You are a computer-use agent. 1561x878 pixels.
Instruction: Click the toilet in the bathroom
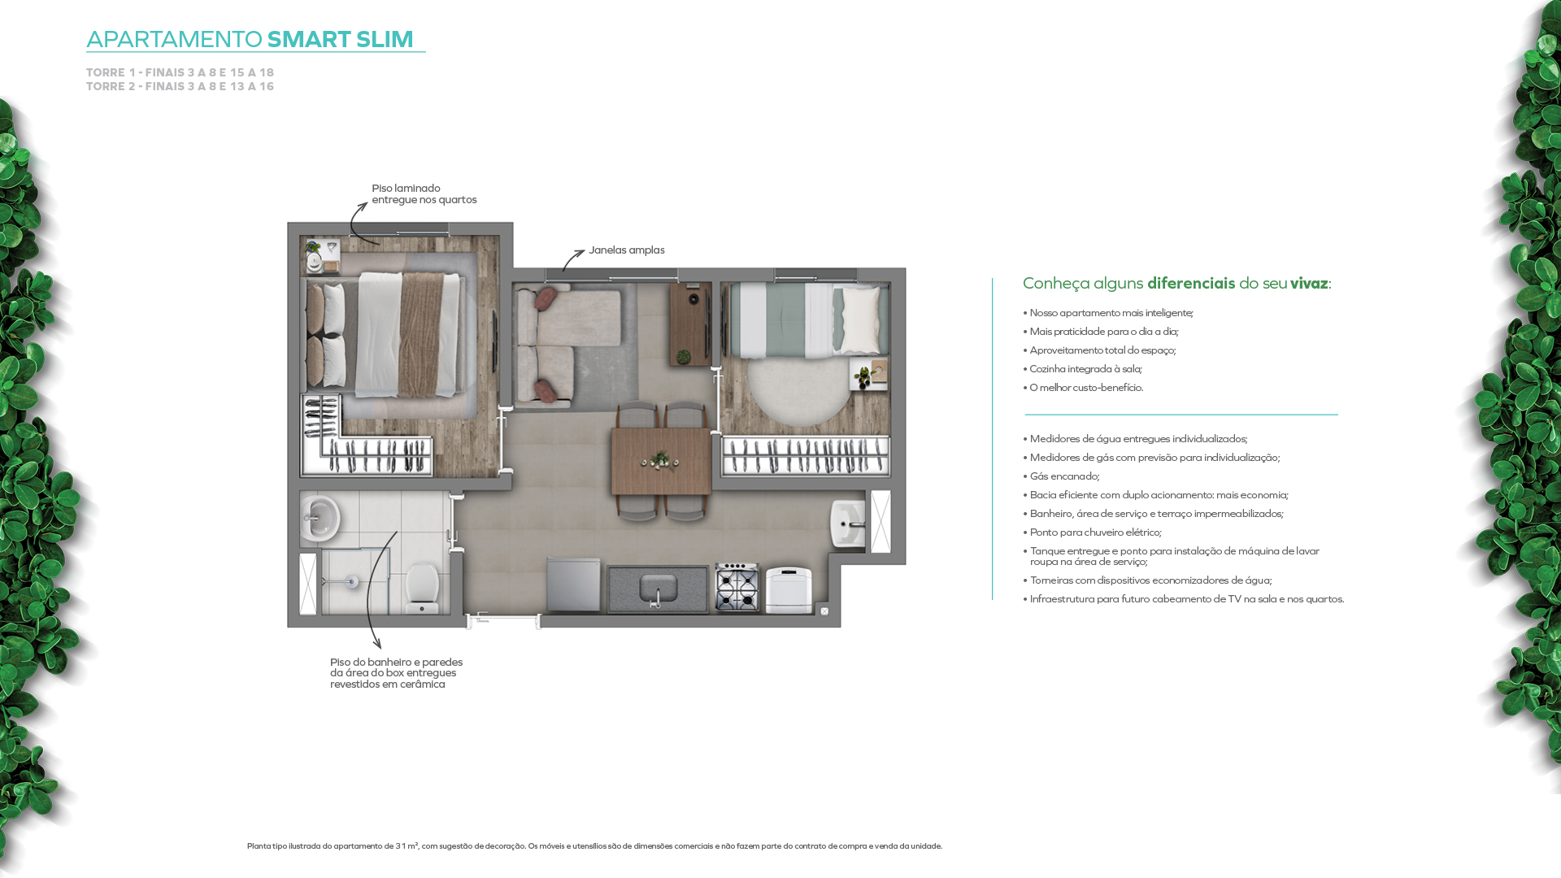click(422, 588)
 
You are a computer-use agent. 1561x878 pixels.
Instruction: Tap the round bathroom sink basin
click(319, 517)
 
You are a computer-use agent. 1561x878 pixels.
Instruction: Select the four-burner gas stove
click(737, 587)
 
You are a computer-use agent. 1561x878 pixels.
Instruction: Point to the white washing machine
click(789, 589)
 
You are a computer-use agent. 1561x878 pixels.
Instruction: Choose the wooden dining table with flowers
click(661, 461)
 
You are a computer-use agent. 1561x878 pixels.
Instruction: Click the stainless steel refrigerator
click(573, 585)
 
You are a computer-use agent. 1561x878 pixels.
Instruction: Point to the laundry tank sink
click(847, 524)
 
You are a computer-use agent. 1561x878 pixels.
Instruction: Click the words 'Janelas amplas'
click(627, 250)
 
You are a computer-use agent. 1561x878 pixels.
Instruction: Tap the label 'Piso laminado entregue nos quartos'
click(424, 194)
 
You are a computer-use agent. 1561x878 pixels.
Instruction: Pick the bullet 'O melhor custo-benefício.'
click(1083, 388)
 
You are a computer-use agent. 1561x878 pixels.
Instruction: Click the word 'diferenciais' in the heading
click(1191, 283)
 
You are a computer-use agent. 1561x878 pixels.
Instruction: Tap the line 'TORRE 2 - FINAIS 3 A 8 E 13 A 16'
click(180, 86)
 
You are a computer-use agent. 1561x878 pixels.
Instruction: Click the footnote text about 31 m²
click(594, 846)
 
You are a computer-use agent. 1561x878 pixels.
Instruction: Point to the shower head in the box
click(351, 581)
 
